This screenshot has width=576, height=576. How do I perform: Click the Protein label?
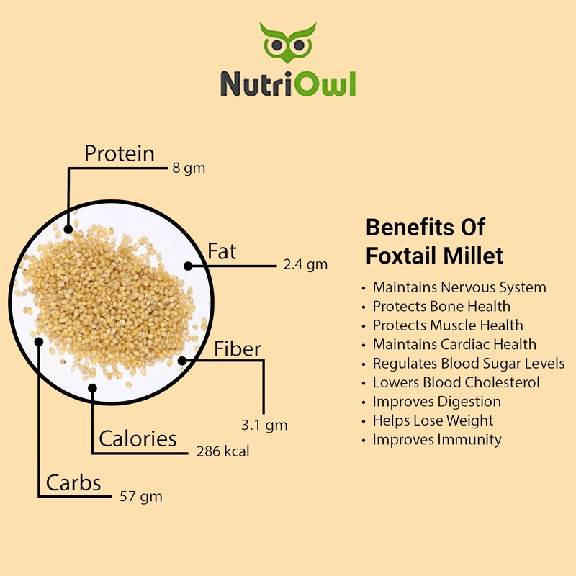pos(120,153)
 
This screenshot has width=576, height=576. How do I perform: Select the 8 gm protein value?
pos(189,168)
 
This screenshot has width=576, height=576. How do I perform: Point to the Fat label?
pos(222,251)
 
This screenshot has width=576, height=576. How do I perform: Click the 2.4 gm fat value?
pos(305,264)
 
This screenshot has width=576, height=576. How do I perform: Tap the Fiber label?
pos(238,348)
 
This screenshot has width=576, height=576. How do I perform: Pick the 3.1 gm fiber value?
pos(264,425)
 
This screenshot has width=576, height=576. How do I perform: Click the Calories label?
pos(138,438)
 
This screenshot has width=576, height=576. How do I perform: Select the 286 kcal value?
pos(223,451)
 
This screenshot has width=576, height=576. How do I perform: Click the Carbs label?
pos(73,482)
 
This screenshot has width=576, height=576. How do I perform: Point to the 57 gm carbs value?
pos(141,497)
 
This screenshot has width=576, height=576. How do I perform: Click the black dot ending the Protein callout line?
pos(68,229)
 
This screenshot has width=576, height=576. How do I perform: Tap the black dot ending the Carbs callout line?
pos(39,342)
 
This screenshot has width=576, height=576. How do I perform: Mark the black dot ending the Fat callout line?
pos(188,266)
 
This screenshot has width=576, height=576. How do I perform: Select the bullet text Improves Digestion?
pos(437,402)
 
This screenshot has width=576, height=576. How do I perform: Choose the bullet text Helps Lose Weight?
pos(433,420)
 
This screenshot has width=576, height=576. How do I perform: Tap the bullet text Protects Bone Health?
pos(441,307)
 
